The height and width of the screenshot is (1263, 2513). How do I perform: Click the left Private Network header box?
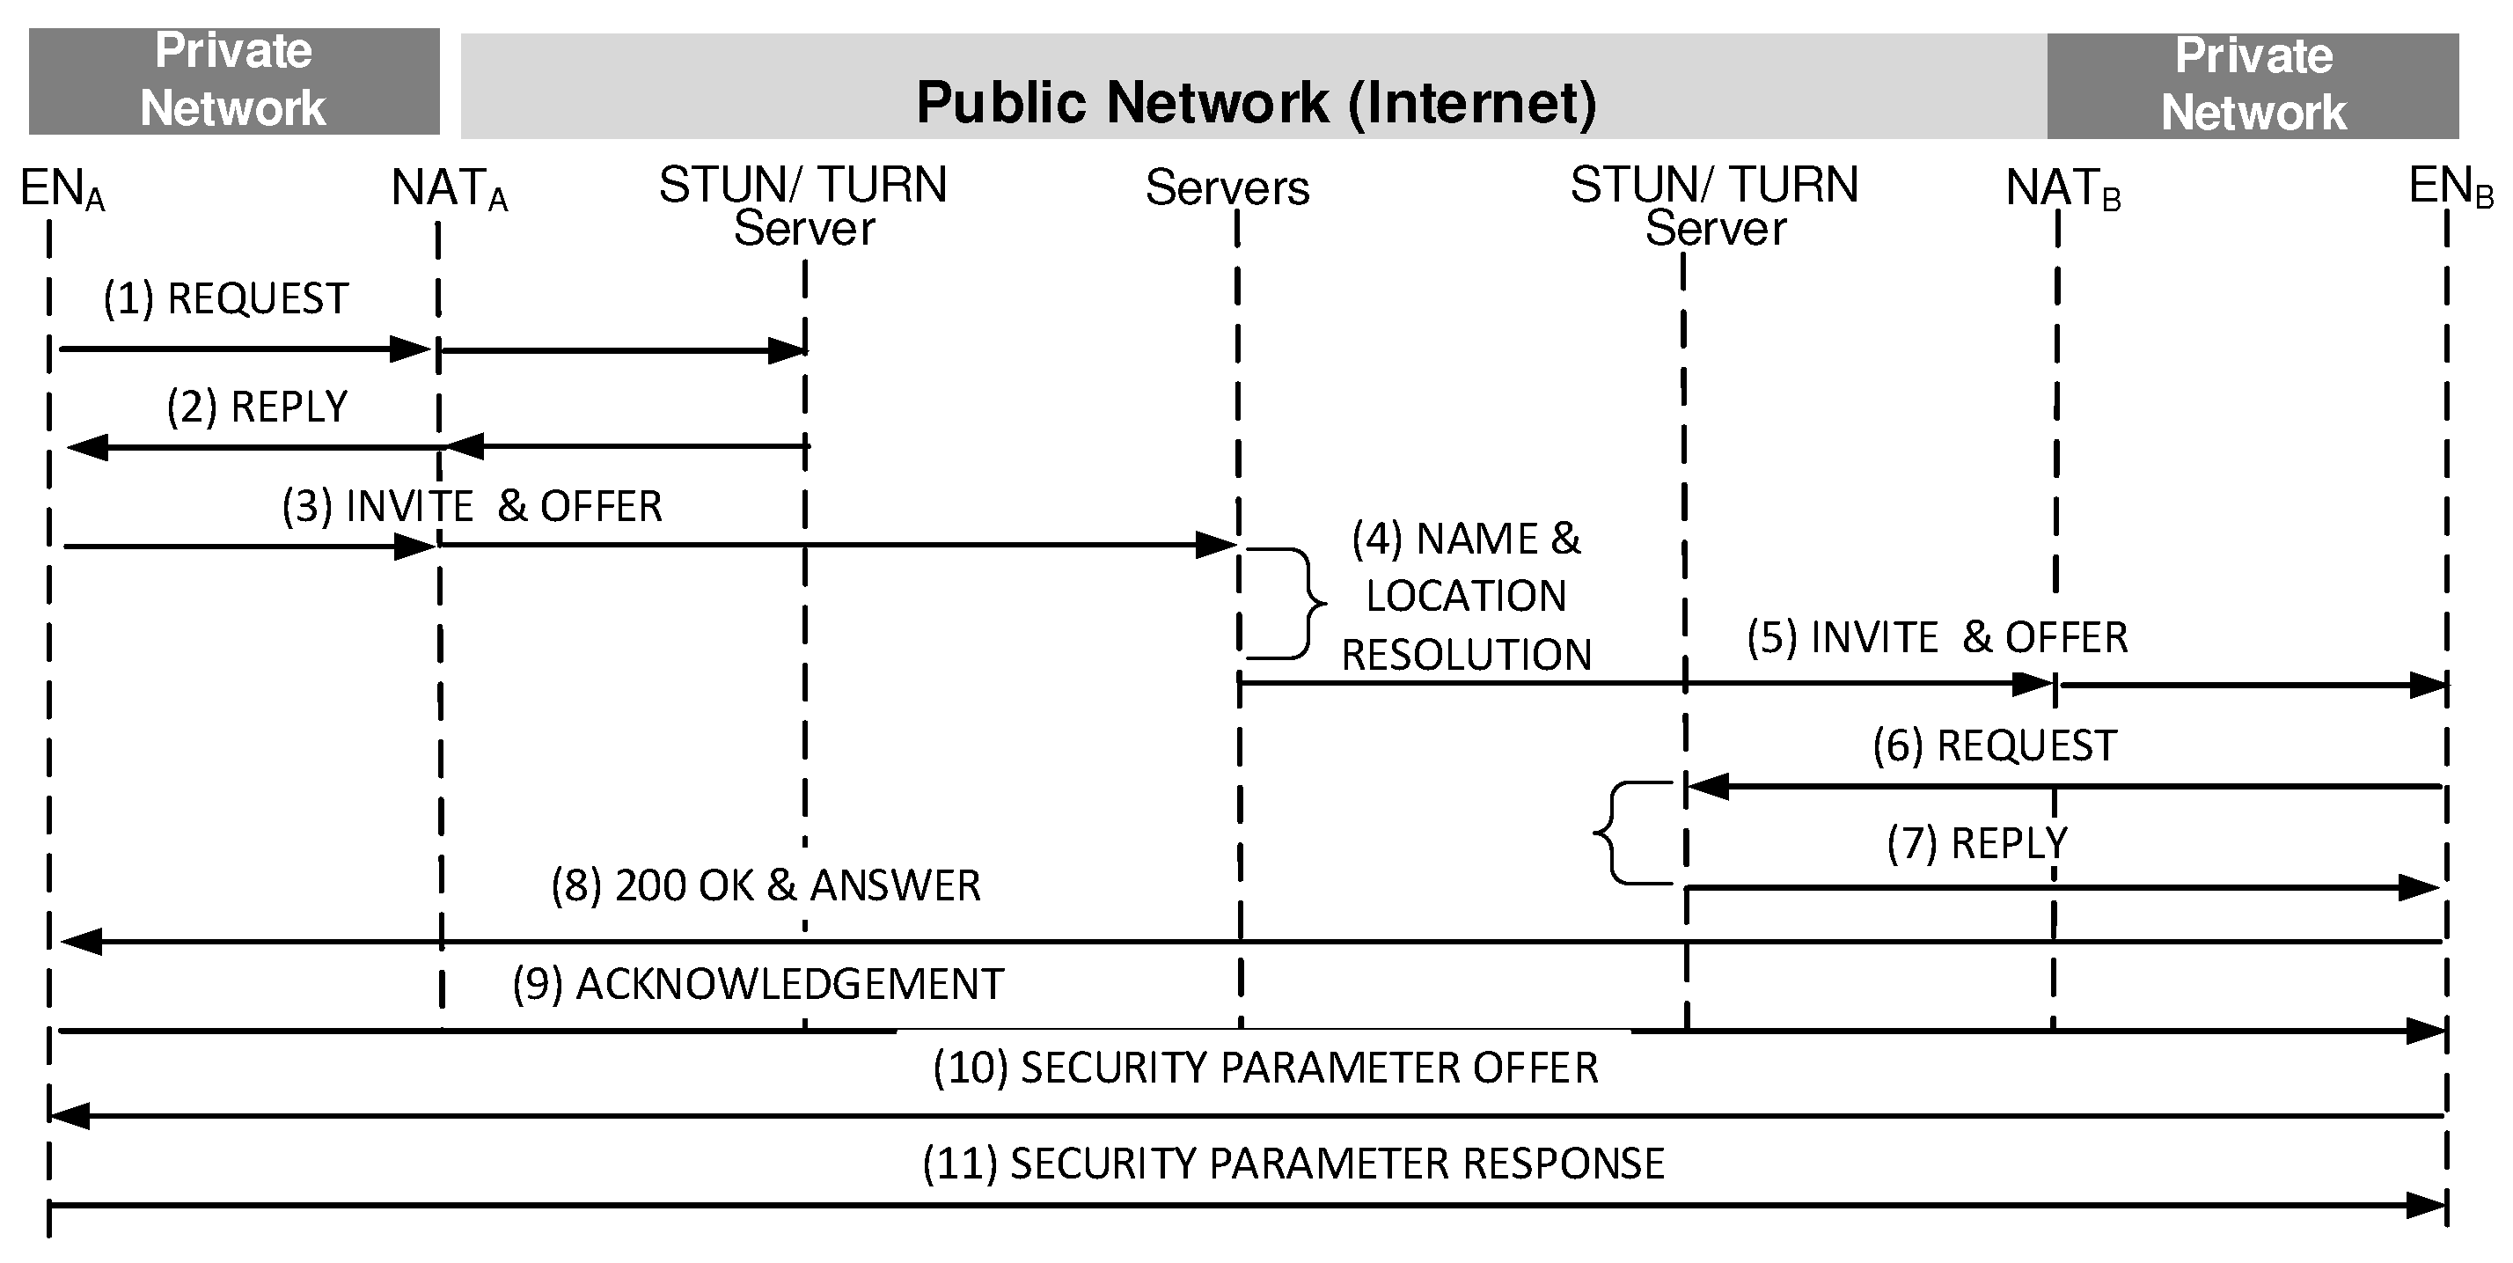click(233, 81)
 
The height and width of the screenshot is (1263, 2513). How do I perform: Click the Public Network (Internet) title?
click(1256, 102)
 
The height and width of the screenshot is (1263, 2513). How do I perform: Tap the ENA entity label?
click(61, 188)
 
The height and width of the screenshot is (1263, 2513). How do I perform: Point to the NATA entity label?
click(449, 188)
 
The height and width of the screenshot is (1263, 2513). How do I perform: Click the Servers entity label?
click(1227, 188)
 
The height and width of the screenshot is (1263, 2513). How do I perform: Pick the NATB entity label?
click(2062, 188)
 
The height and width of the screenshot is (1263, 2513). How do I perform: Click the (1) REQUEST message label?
click(225, 298)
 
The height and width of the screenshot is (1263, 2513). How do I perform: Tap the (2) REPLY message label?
click(257, 406)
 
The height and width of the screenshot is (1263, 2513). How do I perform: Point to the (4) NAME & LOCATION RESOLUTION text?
click(1465, 597)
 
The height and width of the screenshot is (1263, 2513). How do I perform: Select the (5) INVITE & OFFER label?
click(1937, 637)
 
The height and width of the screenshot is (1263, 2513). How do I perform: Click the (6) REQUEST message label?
click(1994, 745)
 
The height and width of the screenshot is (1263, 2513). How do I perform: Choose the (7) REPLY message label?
click(1976, 842)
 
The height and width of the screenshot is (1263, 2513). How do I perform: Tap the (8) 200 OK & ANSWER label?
click(765, 885)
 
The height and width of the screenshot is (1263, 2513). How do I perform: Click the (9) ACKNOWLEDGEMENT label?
click(758, 984)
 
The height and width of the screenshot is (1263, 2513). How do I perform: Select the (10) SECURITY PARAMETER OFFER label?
click(1265, 1068)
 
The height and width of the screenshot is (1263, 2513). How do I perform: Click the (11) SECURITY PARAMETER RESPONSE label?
click(1293, 1164)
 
